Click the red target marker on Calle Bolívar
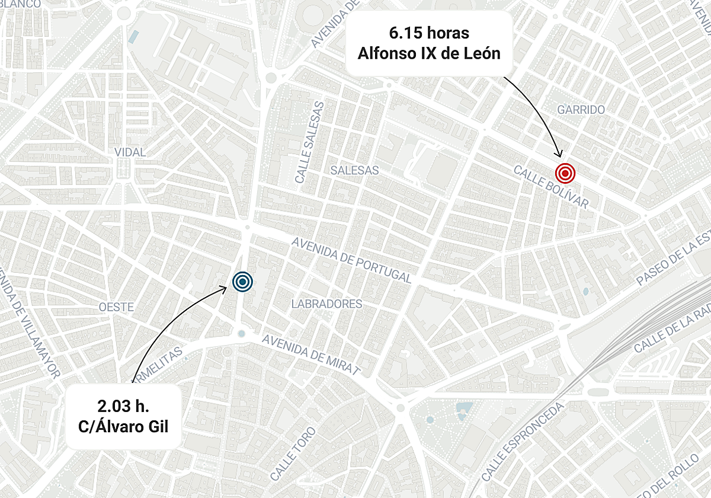[565, 173]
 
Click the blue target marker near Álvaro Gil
[242, 282]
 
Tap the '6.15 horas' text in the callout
[429, 33]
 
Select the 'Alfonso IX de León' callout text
[429, 53]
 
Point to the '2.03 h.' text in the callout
[123, 406]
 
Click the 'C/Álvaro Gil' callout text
[123, 426]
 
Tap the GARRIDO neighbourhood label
[581, 110]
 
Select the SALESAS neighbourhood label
[354, 170]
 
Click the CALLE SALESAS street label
[310, 142]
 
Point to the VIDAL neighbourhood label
[130, 152]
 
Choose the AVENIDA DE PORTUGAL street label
[351, 260]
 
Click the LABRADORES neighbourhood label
[326, 304]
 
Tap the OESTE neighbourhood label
[116, 307]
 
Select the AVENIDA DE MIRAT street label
[311, 355]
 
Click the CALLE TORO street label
[293, 453]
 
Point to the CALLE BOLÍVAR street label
[551, 187]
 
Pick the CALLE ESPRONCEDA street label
[521, 443]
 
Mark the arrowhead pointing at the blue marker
[225, 289]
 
